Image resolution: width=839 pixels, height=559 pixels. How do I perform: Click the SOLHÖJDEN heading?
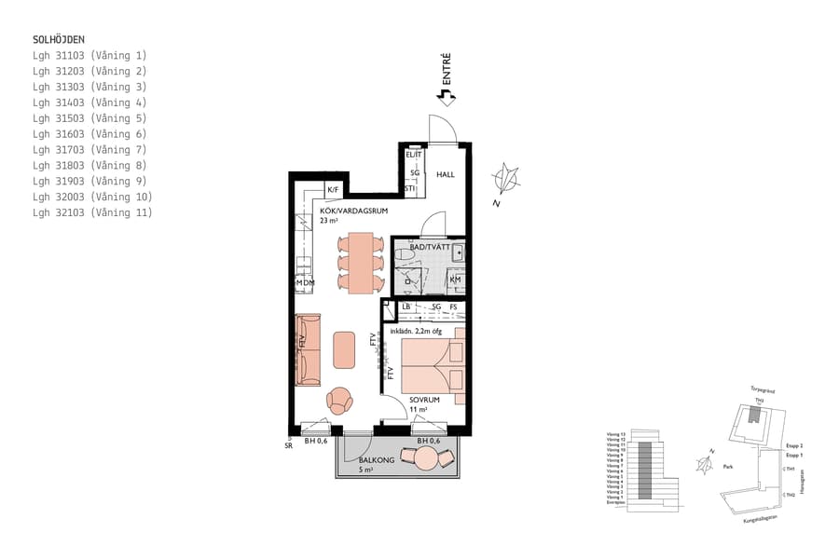(x=59, y=40)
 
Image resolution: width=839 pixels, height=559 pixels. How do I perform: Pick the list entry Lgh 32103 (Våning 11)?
(x=92, y=213)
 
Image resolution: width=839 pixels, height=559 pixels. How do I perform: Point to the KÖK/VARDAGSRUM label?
(x=354, y=211)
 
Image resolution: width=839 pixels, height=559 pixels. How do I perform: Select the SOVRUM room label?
(x=424, y=400)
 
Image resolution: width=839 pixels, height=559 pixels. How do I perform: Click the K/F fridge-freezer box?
(x=333, y=190)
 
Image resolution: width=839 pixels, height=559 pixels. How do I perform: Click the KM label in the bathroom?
(x=455, y=279)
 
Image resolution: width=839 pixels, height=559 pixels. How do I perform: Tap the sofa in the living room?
(x=308, y=349)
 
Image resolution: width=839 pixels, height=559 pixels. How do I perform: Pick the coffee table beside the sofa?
(x=345, y=349)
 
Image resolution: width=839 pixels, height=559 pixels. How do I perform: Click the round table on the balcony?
(x=426, y=458)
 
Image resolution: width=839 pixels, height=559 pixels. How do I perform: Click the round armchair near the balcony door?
(x=339, y=401)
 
